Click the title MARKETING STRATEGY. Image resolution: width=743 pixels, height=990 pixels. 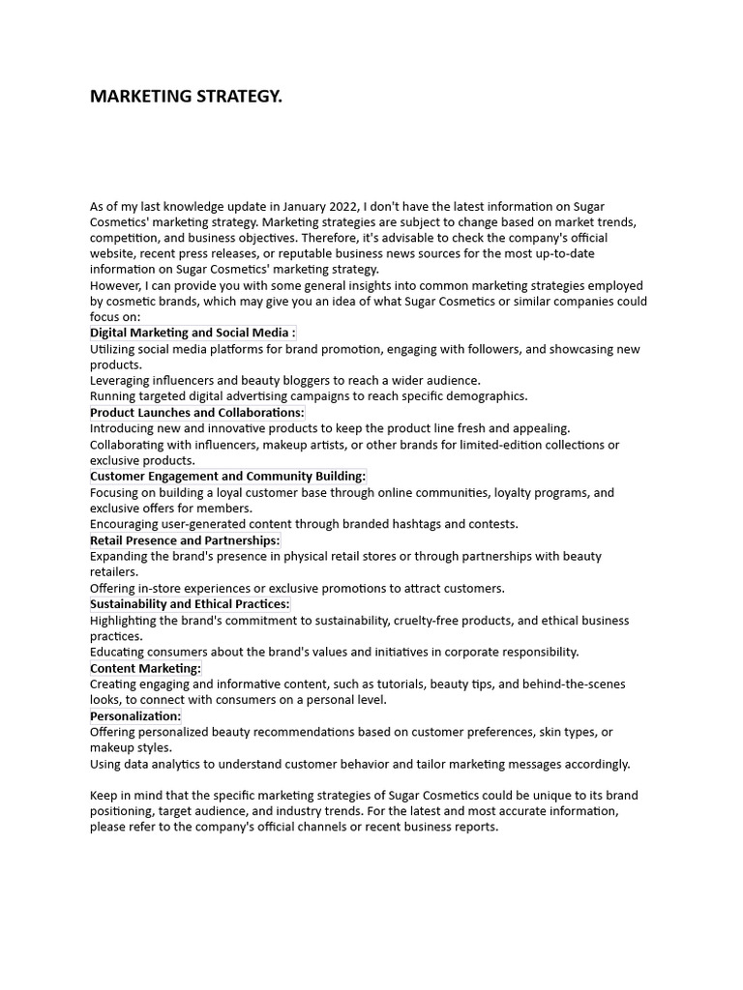tap(186, 97)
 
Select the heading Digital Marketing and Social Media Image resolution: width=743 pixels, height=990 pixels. tap(193, 333)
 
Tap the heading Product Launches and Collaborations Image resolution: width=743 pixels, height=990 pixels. tap(196, 413)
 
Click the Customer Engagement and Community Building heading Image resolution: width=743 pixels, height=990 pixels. tap(227, 477)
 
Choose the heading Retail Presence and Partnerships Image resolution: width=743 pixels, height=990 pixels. tap(185, 540)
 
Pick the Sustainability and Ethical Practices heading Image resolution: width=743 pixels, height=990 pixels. tap(190, 604)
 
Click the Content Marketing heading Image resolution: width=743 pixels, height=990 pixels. tap(145, 668)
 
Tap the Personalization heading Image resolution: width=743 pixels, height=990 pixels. tap(135, 716)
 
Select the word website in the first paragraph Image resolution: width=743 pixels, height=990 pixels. tap(113, 254)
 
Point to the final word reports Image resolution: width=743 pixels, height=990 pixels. tap(474, 828)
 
